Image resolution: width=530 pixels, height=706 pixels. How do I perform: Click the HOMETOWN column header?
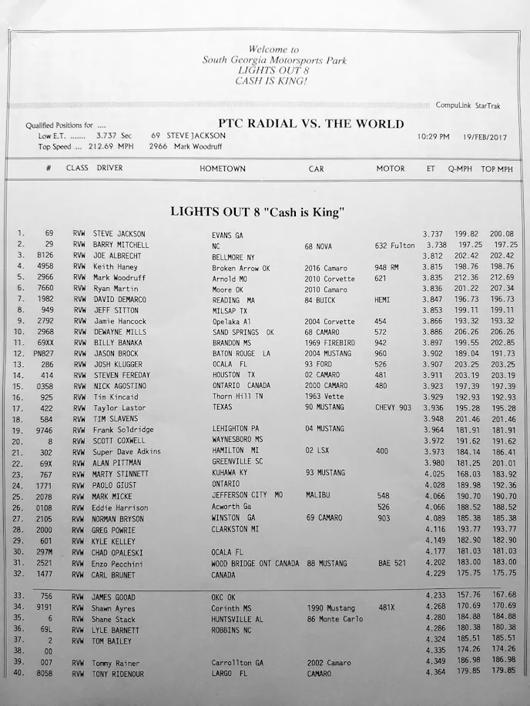click(x=223, y=169)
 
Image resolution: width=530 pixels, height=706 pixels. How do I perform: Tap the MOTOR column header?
click(x=391, y=169)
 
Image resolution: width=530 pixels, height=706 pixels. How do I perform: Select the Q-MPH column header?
click(x=461, y=169)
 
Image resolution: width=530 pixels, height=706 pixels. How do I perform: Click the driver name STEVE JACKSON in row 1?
click(x=119, y=233)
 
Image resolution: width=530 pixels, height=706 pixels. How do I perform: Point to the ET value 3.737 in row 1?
click(x=433, y=233)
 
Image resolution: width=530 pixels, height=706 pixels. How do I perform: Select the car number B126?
click(x=45, y=256)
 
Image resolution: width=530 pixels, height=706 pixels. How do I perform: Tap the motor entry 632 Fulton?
click(x=395, y=245)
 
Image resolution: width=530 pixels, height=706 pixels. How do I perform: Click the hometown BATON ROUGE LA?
click(x=242, y=353)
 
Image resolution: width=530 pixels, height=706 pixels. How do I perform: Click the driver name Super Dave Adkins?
click(x=127, y=451)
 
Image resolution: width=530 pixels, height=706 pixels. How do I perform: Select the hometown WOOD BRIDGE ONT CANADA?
click(x=255, y=564)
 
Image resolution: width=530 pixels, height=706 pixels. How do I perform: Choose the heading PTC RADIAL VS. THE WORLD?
click(x=310, y=123)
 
